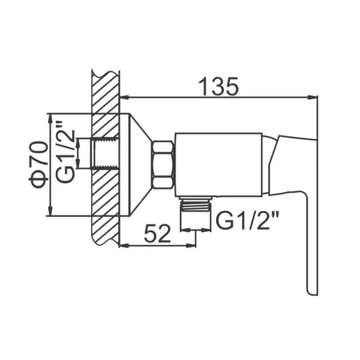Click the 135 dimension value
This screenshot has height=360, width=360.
pos(218,86)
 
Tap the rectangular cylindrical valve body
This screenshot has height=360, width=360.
pos(218,164)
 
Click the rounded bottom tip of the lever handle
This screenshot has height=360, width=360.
pos(312,291)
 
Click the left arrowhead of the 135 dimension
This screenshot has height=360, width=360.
pos(123,97)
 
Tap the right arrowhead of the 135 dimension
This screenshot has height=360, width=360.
pos(314,97)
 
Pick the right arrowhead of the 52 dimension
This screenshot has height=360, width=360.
pos(192,246)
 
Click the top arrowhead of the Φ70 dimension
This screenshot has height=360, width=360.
pos(49,117)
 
